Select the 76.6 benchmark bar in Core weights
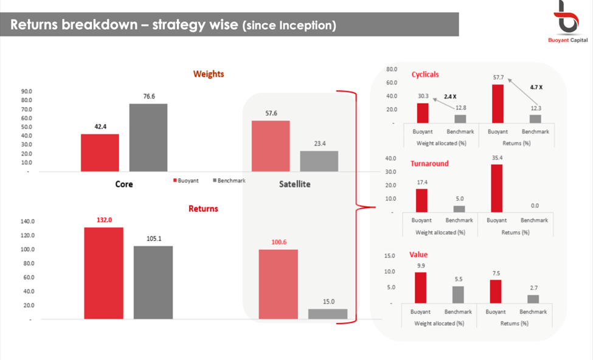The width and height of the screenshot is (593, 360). point(148,137)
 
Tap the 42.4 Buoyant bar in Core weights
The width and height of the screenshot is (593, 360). point(100,153)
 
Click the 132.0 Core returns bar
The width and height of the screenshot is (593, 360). point(103,273)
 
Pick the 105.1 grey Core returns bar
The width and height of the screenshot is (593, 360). point(153,282)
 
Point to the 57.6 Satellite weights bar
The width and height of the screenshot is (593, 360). point(271,146)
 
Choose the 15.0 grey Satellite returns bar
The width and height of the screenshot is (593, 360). point(328,314)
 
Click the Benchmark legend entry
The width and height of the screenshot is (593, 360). point(230,181)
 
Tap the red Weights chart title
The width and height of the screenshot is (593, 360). point(209,74)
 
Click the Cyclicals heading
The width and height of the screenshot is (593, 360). point(425,75)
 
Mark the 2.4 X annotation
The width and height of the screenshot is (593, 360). point(451,97)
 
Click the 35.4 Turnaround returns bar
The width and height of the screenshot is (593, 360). point(497,188)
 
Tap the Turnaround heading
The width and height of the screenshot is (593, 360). point(429,164)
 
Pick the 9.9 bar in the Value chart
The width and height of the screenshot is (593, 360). point(420,287)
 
